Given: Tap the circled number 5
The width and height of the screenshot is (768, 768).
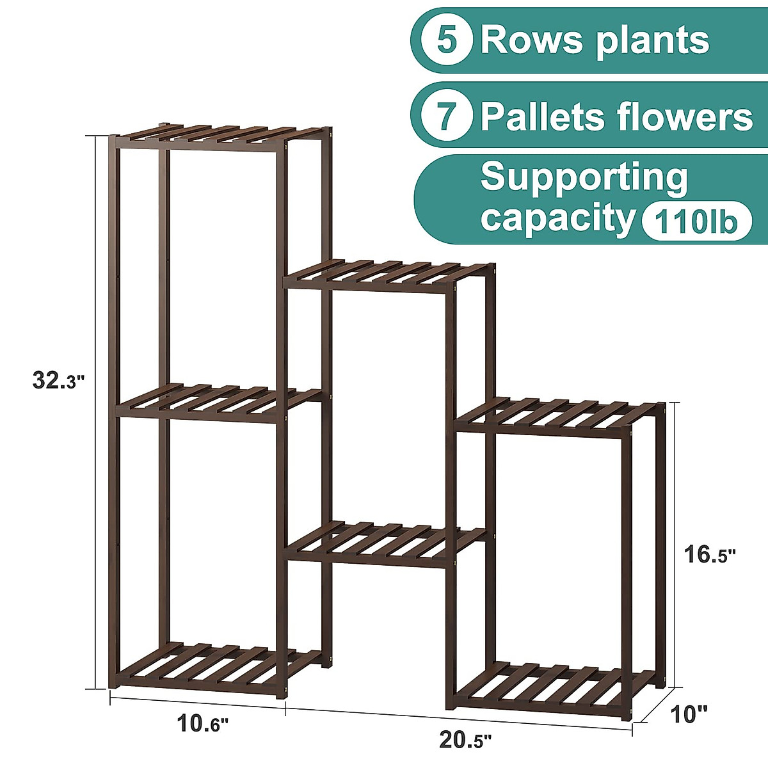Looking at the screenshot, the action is [447, 40].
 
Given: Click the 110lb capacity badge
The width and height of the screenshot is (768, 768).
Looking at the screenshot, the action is [696, 222].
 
